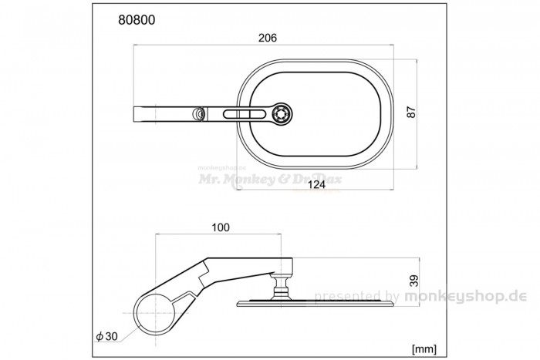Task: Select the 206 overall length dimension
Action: tap(268, 38)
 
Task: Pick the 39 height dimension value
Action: tap(413, 281)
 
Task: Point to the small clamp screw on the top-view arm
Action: tap(200, 114)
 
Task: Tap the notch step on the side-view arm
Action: tap(204, 271)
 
